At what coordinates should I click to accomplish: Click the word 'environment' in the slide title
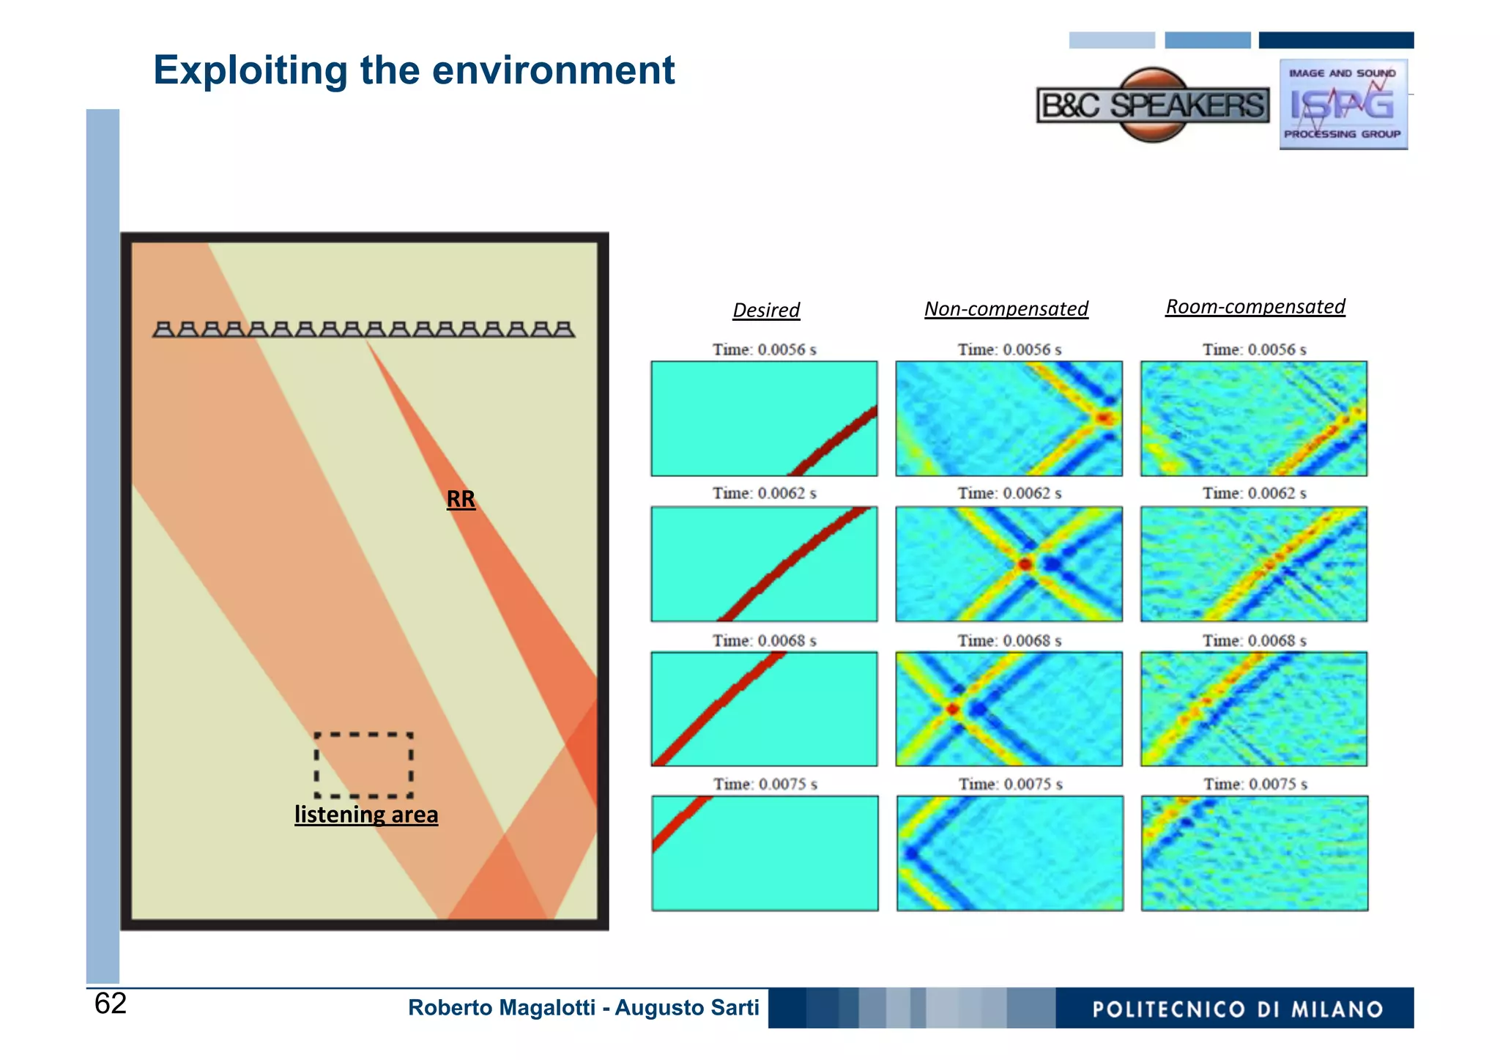pos(553,70)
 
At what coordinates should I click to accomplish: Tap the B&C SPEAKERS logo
pos(1153,105)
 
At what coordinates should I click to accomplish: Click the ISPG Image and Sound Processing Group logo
pos(1343,105)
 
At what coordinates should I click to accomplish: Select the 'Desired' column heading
pos(766,310)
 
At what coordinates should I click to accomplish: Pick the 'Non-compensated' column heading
pos(1006,309)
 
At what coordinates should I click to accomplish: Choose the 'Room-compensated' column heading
pos(1255,307)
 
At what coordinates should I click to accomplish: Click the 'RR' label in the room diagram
pos(461,500)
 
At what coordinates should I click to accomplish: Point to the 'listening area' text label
pos(366,815)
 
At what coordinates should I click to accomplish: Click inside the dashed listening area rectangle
pos(364,765)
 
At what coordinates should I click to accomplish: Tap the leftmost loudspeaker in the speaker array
pos(164,330)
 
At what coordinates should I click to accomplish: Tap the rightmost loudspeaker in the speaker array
pos(563,330)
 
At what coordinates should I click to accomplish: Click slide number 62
pos(111,1004)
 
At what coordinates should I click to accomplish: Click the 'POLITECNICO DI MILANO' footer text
pos(1237,1009)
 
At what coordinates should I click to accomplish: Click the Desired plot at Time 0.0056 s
pos(764,418)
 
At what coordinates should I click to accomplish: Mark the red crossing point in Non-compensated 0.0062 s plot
pos(1025,564)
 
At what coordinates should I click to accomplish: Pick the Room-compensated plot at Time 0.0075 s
pos(1254,853)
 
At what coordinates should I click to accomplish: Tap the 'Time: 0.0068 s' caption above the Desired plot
pos(764,641)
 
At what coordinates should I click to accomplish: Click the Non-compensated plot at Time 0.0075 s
pos(1009,853)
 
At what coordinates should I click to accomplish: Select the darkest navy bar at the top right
pos(1336,40)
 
